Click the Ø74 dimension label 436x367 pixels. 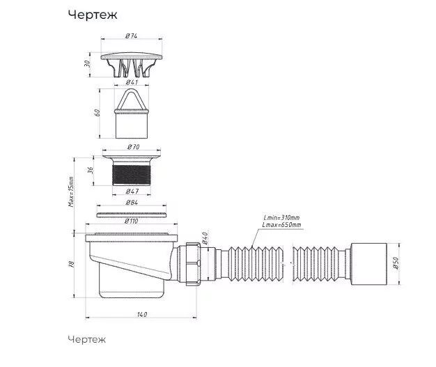point(131,36)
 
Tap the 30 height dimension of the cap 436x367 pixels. point(88,63)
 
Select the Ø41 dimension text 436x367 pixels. point(132,82)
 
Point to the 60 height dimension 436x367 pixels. point(97,113)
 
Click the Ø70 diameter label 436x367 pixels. point(134,146)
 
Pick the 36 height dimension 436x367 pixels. point(91,171)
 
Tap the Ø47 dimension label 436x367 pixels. point(132,191)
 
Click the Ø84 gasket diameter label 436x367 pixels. point(132,203)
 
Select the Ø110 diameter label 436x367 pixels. point(131,221)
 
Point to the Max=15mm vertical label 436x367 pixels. point(71,192)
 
